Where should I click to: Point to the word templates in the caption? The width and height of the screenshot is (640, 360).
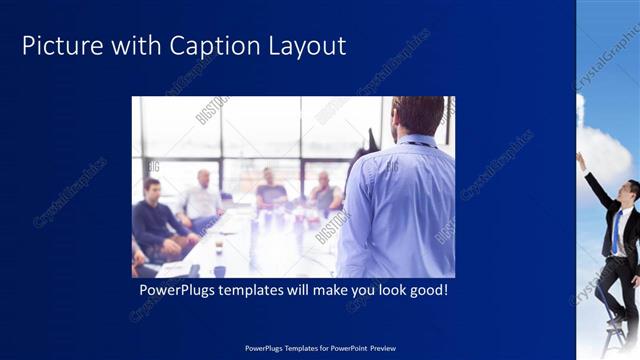point(261,291)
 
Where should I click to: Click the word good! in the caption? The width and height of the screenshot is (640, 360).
point(424,291)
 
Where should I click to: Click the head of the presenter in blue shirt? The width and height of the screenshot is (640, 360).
point(417,115)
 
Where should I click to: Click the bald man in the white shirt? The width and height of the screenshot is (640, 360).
point(203,199)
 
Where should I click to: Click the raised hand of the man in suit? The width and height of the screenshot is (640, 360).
point(580,160)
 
